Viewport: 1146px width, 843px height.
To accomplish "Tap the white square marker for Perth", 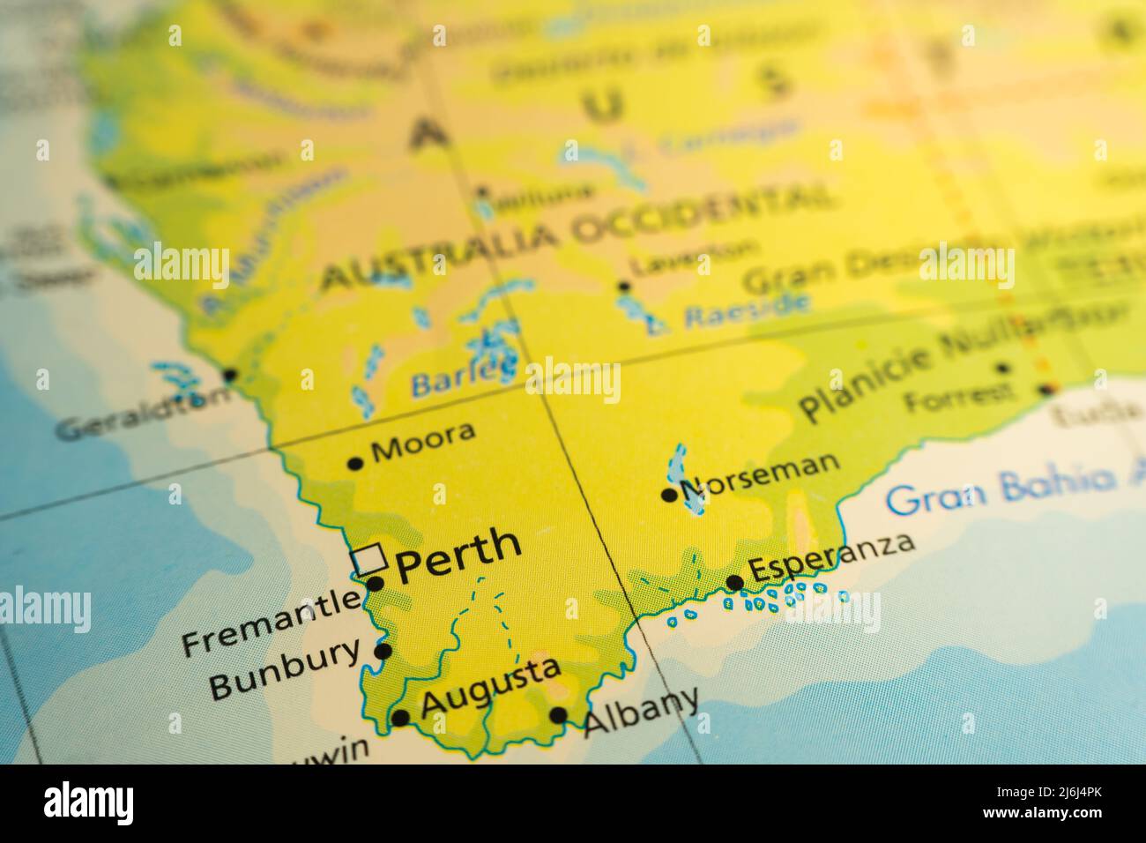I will point(368,559).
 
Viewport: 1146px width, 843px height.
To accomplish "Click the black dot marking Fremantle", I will point(375,583).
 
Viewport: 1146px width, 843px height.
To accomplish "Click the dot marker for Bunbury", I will point(383,652).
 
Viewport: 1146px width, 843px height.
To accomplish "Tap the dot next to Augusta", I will point(400,718).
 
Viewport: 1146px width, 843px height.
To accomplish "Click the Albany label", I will point(642,711).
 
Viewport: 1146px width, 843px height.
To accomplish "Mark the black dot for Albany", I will point(558,715).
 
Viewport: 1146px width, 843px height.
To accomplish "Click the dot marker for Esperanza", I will point(734,582).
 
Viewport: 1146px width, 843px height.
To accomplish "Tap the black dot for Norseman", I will point(669,495).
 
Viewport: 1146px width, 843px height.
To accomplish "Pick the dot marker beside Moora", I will point(355,462).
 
